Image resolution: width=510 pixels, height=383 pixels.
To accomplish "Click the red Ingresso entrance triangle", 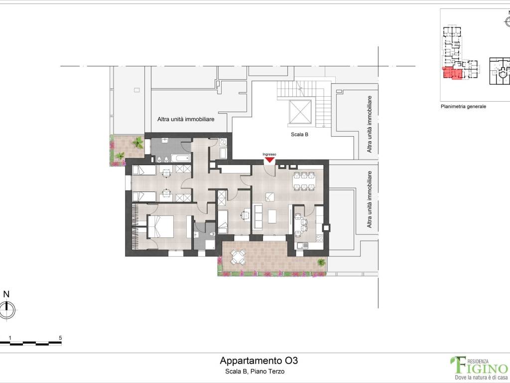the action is pyautogui.click(x=269, y=160).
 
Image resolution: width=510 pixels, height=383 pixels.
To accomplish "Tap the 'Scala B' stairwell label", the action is pyautogui.click(x=299, y=134).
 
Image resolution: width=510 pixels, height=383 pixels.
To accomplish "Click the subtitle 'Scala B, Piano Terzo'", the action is pyautogui.click(x=255, y=371).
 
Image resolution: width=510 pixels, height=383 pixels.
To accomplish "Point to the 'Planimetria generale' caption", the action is pyautogui.click(x=463, y=107).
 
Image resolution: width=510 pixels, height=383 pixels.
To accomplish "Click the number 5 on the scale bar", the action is pyautogui.click(x=60, y=338).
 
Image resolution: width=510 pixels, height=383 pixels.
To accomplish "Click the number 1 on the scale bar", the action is pyautogui.click(x=10, y=338).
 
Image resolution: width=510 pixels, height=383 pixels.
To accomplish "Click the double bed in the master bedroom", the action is pyautogui.click(x=160, y=227).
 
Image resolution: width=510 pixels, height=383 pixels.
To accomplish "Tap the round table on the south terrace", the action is pyautogui.click(x=238, y=257).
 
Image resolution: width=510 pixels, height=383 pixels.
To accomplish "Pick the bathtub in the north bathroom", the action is pyautogui.click(x=180, y=159).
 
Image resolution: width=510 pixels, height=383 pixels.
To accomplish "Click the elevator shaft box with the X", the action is pyautogui.click(x=300, y=112).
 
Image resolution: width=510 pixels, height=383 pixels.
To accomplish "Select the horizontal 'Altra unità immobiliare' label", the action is pyautogui.click(x=186, y=119).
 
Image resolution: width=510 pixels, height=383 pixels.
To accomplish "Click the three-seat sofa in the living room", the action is pyautogui.click(x=258, y=216).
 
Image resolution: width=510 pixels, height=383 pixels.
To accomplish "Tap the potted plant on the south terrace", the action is pyautogui.click(x=321, y=262).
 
